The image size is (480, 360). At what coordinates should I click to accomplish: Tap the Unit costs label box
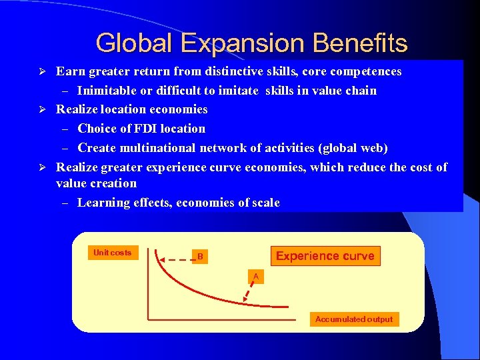(x=112, y=253)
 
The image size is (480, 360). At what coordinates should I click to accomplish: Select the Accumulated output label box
(x=354, y=319)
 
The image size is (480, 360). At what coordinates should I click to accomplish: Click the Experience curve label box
(x=325, y=256)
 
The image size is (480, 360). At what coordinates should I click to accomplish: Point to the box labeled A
(x=255, y=276)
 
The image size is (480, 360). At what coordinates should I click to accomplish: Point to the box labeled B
(x=199, y=257)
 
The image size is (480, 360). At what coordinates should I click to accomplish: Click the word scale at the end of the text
(x=265, y=203)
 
